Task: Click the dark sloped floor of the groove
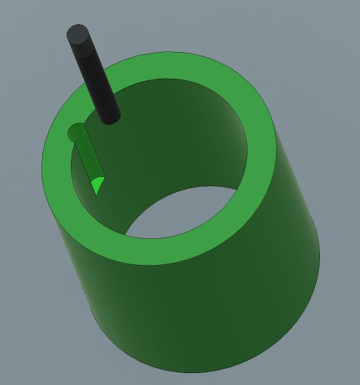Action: coord(88,157)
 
